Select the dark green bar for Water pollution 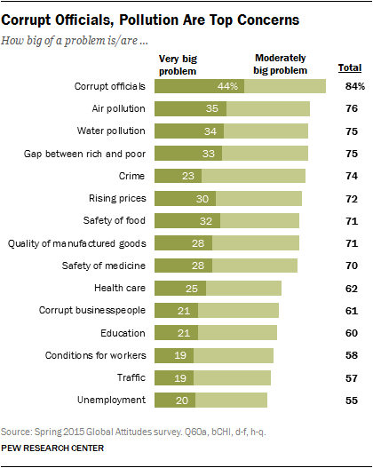[188, 131]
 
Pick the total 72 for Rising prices [352, 198]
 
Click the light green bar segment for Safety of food [259, 221]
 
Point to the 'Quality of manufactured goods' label [79, 242]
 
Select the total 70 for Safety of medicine [352, 266]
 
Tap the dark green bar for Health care [179, 288]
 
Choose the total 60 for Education [352, 332]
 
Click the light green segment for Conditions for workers [233, 355]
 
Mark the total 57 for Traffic [352, 377]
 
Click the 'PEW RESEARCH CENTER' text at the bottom [53, 450]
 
